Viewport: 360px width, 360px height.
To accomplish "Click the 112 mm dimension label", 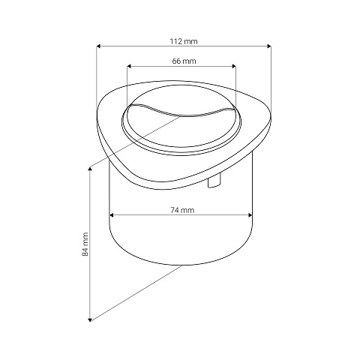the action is tap(184, 41).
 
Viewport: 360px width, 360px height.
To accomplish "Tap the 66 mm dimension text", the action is tap(184, 61).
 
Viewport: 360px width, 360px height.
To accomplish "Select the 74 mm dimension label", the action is tap(182, 210).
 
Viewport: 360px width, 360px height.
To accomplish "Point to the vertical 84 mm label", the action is tap(85, 244).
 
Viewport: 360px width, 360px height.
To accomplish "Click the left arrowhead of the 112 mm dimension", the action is tap(98, 46).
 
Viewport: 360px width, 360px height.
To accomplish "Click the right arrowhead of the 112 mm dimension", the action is tap(269, 46).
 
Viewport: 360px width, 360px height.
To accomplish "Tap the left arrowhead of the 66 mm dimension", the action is tap(129, 66).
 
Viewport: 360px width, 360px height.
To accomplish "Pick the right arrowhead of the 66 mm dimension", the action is tap(234, 66).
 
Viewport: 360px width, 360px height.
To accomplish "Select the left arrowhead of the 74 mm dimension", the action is tap(112, 215).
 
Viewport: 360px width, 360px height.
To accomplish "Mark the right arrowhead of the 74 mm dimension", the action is tap(250, 215).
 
